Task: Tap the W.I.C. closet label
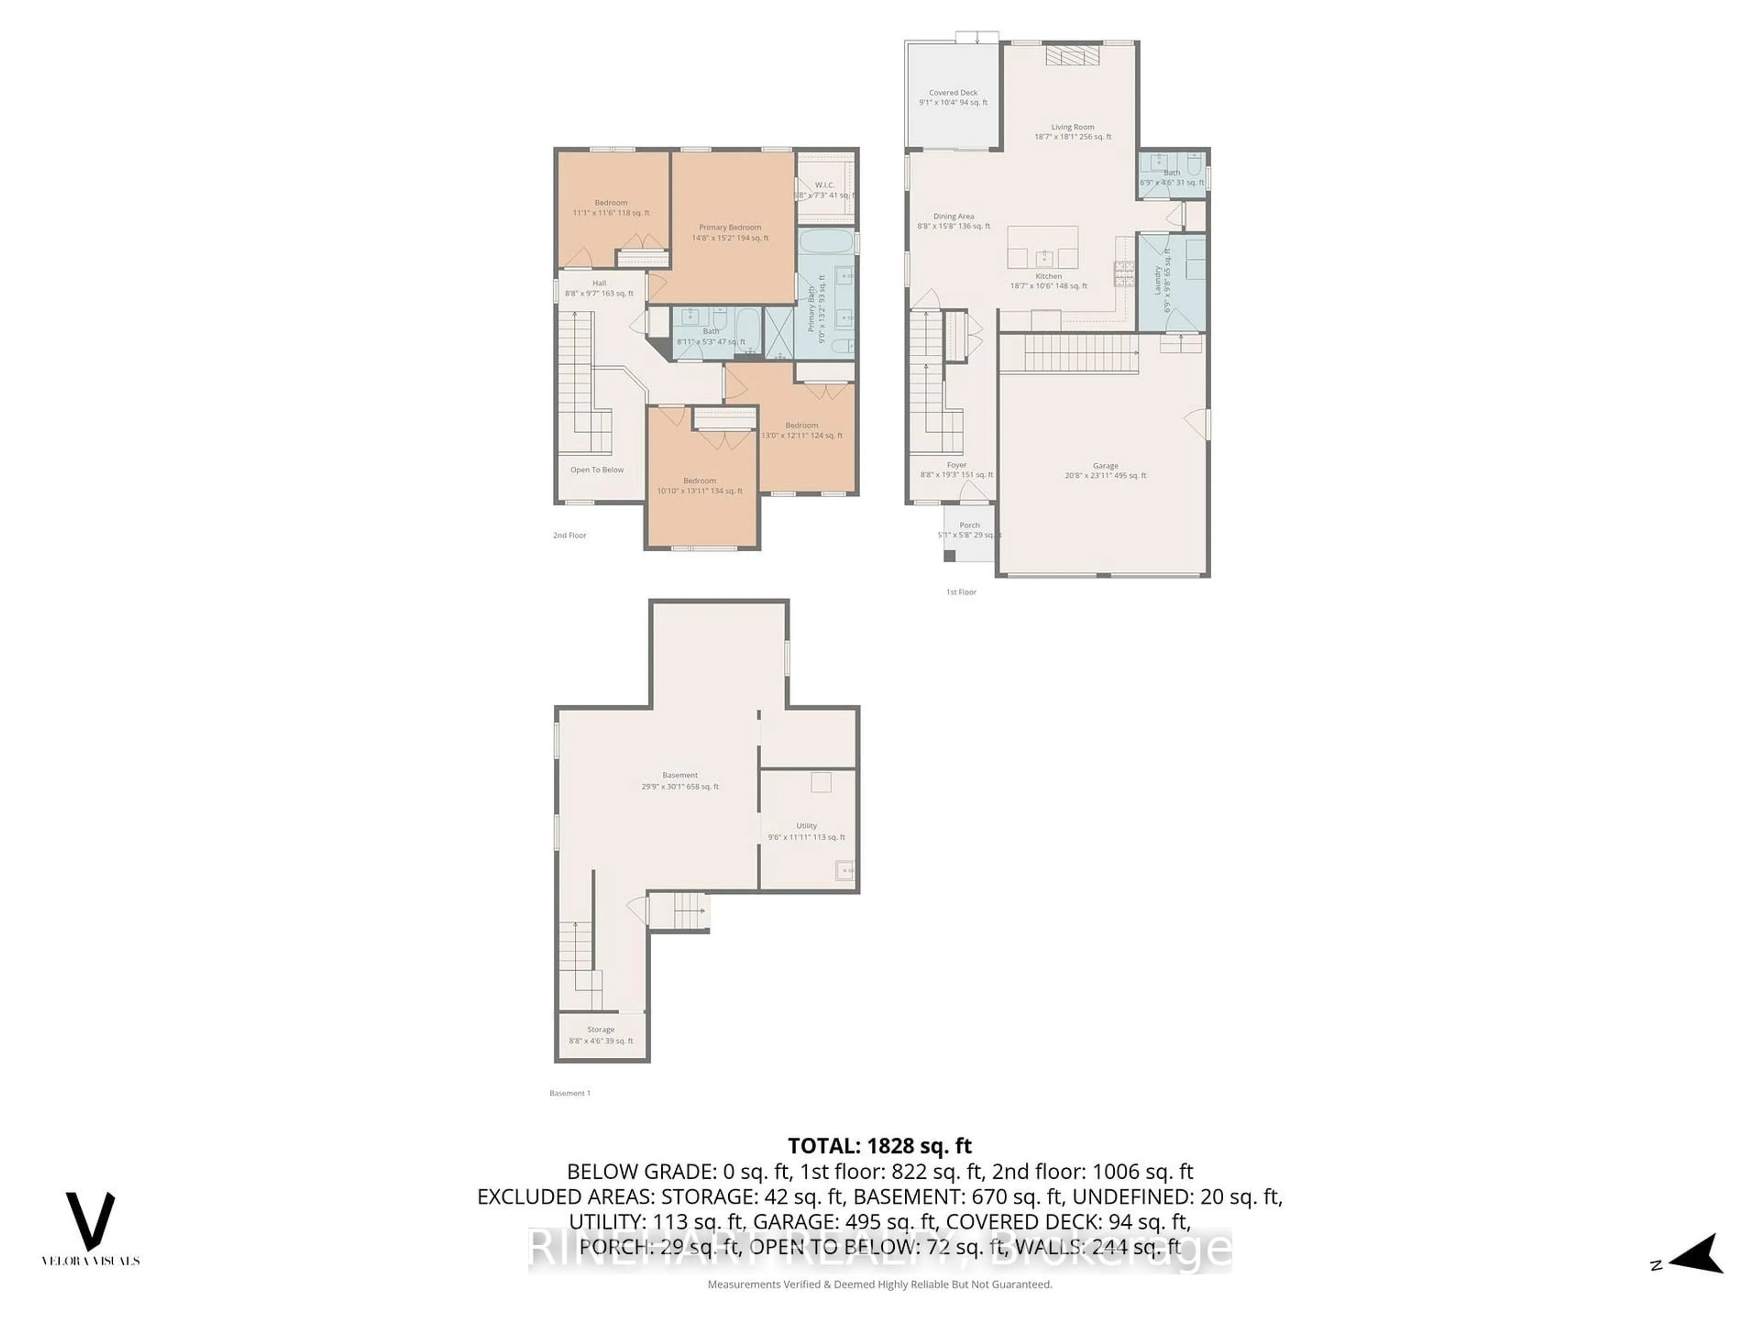point(824,189)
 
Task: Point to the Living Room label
point(1072,131)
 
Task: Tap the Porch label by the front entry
point(969,529)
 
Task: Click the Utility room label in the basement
point(806,830)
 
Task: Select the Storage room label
point(601,1034)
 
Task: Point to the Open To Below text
point(597,469)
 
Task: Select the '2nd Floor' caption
point(570,535)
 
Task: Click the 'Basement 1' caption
point(570,1093)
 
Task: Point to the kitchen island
point(1042,247)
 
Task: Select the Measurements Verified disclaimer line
point(879,1284)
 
